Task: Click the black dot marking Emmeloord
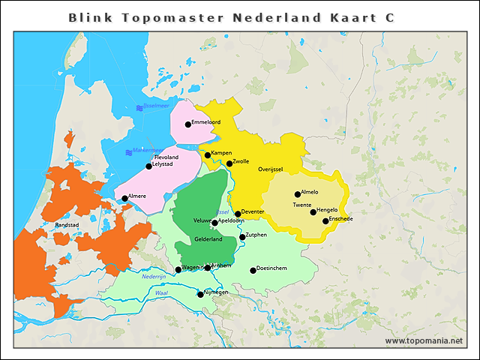click(x=187, y=124)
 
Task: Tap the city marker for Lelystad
click(x=148, y=166)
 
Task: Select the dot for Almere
click(x=124, y=199)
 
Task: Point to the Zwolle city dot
click(x=229, y=163)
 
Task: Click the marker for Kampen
click(x=208, y=155)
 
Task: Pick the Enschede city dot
click(x=325, y=220)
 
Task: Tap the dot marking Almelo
click(x=298, y=194)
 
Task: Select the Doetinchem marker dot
click(x=253, y=270)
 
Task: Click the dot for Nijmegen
click(x=200, y=294)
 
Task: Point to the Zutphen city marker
click(x=242, y=237)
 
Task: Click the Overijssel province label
click(x=270, y=170)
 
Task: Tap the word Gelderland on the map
click(x=208, y=239)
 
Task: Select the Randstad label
click(x=67, y=224)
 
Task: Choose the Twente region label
click(x=302, y=205)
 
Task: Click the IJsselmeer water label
click(x=159, y=107)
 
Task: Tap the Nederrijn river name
click(x=153, y=277)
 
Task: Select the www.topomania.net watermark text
click(x=424, y=340)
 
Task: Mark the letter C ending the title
click(x=391, y=17)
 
